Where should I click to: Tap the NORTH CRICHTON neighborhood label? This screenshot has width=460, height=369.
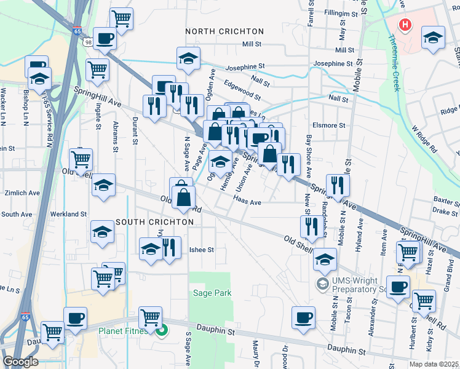[x=224, y=31]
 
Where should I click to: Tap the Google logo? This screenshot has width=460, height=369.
[x=20, y=362]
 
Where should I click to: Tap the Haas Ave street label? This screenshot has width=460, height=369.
[x=248, y=202]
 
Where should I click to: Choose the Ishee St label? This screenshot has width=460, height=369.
[x=201, y=250]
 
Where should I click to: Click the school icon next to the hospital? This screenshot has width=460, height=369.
[x=433, y=38]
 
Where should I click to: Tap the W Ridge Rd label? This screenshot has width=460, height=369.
[x=424, y=140]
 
